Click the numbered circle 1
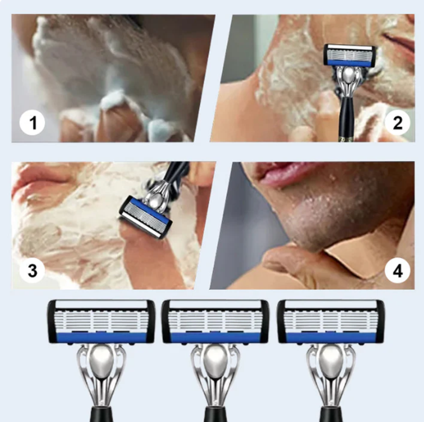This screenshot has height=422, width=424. point(32,123)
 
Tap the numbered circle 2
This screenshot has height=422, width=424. point(397,123)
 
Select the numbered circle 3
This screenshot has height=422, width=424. point(32,270)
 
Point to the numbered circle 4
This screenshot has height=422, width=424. point(397,270)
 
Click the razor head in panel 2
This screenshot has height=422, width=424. point(350,56)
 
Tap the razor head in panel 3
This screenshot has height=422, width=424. point(145,217)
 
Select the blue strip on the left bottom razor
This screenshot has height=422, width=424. point(101,337)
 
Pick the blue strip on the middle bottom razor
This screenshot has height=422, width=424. point(215,337)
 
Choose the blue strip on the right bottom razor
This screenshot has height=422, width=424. point(330,337)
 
